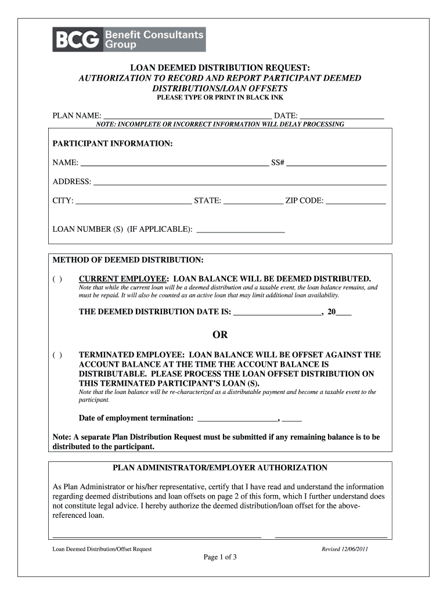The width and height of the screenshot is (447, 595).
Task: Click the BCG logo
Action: click(x=128, y=40)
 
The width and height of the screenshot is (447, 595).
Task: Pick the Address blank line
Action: click(x=240, y=182)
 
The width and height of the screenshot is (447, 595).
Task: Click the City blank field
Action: click(x=134, y=201)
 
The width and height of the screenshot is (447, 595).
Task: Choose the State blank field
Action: click(x=253, y=201)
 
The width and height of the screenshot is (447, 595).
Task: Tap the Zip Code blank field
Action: click(x=355, y=201)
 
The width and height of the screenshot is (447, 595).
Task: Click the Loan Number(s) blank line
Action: click(x=241, y=230)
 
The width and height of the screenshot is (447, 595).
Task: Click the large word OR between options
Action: click(x=220, y=335)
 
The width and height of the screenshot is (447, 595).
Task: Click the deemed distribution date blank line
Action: click(x=277, y=312)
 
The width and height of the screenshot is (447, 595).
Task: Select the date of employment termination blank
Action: click(x=238, y=418)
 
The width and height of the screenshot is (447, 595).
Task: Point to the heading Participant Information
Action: click(x=113, y=144)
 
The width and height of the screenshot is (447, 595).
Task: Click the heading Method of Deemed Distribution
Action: click(x=128, y=259)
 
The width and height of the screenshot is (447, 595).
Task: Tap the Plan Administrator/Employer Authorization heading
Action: click(x=220, y=468)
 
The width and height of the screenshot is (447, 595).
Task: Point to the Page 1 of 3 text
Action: click(x=220, y=558)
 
